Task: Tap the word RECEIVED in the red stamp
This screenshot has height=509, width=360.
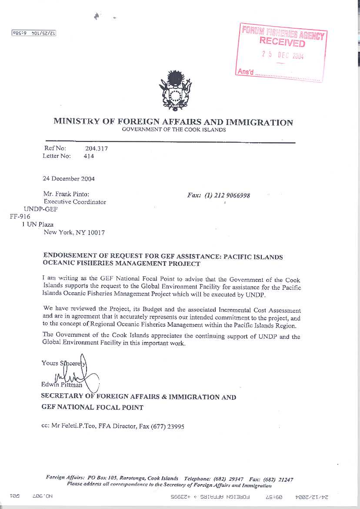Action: point(282,42)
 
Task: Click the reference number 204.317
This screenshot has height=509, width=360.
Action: point(96,148)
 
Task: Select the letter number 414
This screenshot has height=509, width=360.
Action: point(89,156)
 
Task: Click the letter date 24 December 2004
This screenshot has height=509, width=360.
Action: point(69,178)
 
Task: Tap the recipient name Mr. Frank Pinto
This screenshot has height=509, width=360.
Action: point(66,194)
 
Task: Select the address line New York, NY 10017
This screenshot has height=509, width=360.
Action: point(74,232)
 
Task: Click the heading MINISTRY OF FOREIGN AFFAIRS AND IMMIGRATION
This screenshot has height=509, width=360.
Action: point(173,122)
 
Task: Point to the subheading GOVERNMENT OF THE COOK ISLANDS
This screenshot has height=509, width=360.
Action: point(173,130)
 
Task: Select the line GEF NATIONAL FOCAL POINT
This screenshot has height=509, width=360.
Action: point(92,407)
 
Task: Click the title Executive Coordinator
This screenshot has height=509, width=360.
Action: point(75,202)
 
